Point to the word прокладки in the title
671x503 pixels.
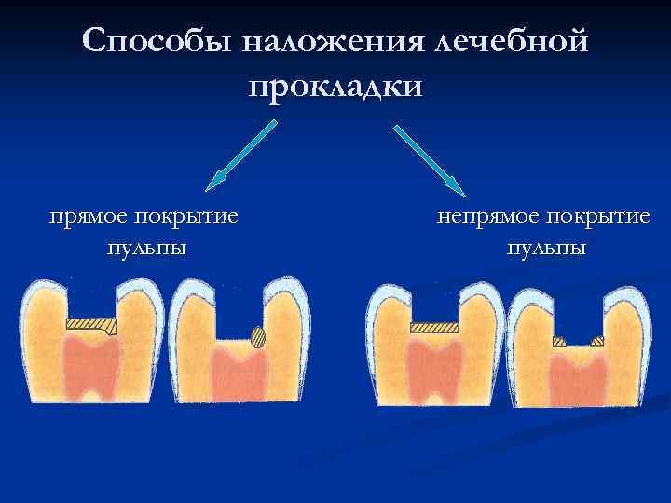click(x=335, y=86)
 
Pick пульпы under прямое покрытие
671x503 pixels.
click(x=145, y=248)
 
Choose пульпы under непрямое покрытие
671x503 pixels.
click(x=546, y=248)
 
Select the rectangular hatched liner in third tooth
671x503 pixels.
click(x=433, y=327)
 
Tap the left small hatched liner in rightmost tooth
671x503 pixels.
click(x=558, y=342)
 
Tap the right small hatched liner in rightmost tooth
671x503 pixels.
click(x=597, y=342)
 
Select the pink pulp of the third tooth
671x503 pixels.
click(x=434, y=368)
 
